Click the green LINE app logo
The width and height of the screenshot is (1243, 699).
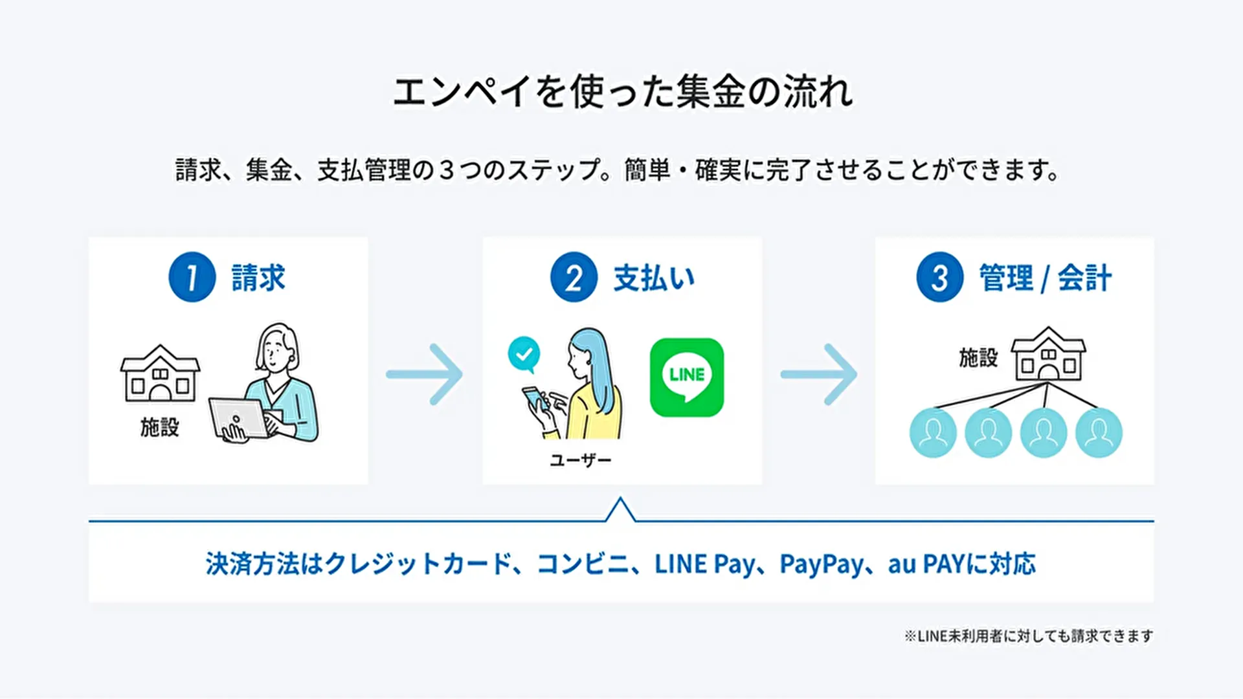pos(686,377)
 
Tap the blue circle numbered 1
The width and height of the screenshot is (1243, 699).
pos(192,277)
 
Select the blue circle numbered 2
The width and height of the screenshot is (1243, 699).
pos(574,277)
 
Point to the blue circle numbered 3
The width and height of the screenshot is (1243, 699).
pos(939,277)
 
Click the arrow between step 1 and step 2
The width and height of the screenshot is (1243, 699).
pos(425,374)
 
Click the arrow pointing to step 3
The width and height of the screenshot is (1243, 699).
pos(819,374)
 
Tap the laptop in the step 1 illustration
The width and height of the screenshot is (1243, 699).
pos(238,418)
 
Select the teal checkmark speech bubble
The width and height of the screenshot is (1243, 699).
pos(524,354)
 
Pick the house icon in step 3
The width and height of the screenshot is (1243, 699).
pos(1048,354)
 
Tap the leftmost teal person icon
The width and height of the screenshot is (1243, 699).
pos(933,432)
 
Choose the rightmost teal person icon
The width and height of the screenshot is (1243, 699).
pos(1099,432)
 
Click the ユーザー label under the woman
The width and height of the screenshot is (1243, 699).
pos(581,460)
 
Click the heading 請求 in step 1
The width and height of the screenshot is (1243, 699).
pos(258,278)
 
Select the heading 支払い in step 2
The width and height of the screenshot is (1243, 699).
pos(654,278)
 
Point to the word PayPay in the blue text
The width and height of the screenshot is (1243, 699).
pos(821,564)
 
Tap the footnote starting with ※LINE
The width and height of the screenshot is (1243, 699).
pos(1028,636)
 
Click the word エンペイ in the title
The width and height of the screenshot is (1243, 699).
pos(462,92)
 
